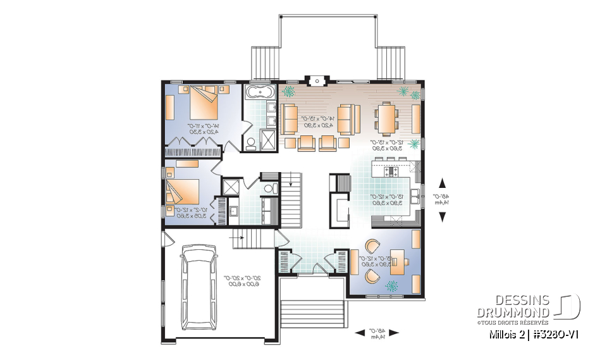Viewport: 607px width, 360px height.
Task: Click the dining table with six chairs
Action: pyautogui.click(x=385, y=118)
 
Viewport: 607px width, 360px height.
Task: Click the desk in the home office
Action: pyautogui.click(x=400, y=260)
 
